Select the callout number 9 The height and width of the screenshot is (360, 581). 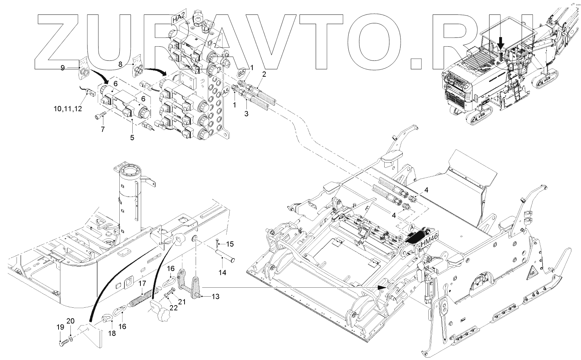63,67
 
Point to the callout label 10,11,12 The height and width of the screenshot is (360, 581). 68,109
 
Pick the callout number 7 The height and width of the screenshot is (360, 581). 103,129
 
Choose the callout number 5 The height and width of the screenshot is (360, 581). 132,138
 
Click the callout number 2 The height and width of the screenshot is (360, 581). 264,74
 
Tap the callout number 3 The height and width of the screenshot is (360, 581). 246,113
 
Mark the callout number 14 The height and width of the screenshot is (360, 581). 222,273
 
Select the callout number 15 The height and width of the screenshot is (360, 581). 230,244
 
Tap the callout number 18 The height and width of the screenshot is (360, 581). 112,333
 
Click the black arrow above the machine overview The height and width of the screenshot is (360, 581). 501,42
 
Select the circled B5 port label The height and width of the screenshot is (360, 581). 242,72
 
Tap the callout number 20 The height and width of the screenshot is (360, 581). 71,321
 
